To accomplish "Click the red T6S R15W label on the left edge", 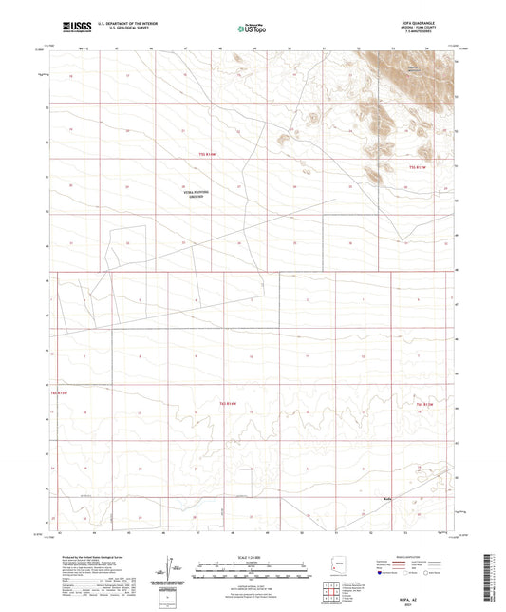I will pos(60,392).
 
